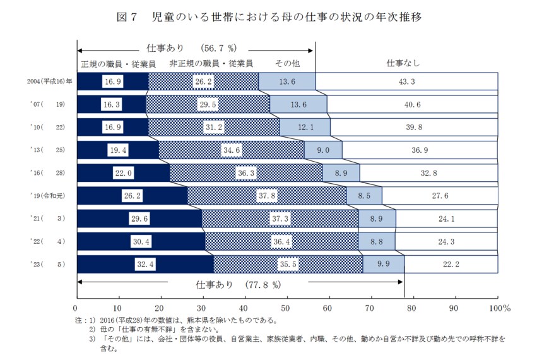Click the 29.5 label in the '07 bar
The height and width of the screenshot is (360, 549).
tap(208, 104)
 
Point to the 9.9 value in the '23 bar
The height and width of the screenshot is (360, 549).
tap(384, 263)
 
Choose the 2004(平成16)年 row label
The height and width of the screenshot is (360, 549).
tap(49, 81)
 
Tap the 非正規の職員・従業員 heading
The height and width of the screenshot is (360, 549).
tap(211, 63)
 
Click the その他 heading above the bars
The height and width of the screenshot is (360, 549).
tap(287, 63)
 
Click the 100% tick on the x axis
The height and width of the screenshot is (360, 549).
tap(499, 308)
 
